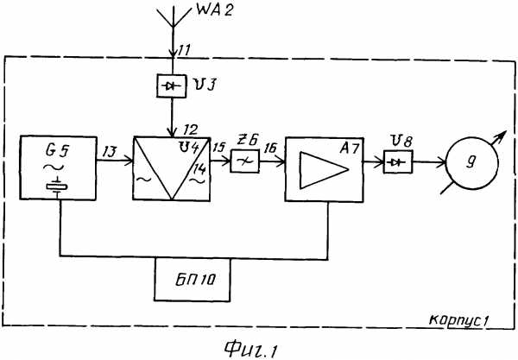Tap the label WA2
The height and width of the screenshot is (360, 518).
(214, 9)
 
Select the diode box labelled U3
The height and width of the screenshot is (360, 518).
(171, 85)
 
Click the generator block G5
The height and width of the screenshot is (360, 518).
(58, 168)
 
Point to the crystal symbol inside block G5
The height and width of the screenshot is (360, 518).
(57, 187)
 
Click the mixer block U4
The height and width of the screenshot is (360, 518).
(172, 168)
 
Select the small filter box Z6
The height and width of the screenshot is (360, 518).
(245, 161)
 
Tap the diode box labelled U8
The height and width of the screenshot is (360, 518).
(398, 161)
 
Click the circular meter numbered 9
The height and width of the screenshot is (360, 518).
(471, 162)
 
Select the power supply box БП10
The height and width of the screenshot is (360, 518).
(192, 280)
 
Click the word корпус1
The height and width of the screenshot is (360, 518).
(458, 319)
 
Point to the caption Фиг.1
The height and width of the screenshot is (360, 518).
(250, 349)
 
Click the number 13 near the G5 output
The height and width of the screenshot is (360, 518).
(110, 151)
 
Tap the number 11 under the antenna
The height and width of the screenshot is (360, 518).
(184, 50)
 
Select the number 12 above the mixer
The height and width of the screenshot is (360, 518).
(190, 129)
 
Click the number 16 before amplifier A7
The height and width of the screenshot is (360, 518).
(270, 148)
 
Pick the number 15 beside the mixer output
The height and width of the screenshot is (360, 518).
(218, 147)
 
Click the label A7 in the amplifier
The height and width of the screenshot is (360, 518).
(349, 148)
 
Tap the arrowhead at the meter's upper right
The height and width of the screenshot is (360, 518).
(502, 135)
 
